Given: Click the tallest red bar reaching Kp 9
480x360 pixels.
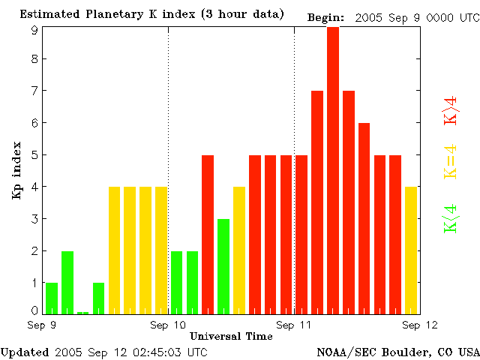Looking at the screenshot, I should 333,169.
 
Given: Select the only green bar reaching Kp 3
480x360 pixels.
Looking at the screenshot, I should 223,265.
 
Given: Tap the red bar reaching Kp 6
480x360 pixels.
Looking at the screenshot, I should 364,217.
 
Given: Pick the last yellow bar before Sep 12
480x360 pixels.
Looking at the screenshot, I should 411,249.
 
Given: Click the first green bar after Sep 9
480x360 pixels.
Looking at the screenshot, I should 52,297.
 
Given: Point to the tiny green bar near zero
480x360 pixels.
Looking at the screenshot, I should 82,312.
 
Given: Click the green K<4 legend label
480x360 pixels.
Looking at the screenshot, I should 451,219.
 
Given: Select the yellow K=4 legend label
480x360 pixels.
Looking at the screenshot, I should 451,162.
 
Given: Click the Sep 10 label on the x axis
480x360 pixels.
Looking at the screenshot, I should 168,325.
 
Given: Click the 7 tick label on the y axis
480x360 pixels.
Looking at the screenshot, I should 34,91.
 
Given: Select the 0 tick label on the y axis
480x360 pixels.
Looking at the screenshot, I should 34,310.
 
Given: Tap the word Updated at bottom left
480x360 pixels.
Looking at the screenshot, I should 25,352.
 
